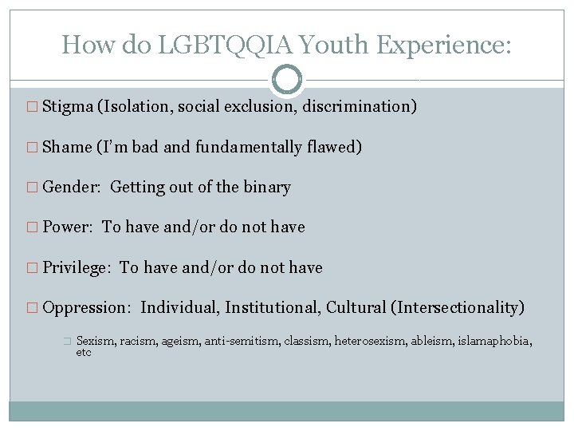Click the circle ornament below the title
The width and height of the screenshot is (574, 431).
pos(287,80)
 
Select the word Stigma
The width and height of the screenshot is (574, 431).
pos(67,107)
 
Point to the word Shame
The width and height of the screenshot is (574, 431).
pos(66,147)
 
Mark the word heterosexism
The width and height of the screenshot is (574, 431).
pos(371,341)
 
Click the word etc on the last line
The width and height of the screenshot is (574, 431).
pos(84,353)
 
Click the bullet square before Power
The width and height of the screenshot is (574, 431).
pos(32,227)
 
